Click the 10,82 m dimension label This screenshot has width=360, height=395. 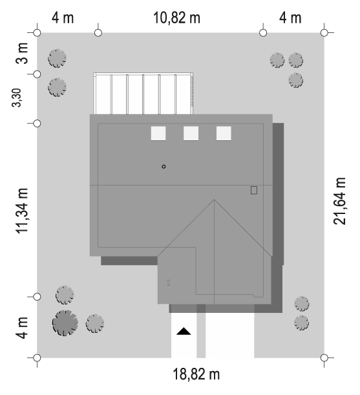176,18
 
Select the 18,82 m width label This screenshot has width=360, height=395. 196,374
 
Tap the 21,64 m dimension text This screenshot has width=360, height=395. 339,201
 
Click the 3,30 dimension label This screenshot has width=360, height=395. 17,98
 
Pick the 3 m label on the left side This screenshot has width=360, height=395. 22,53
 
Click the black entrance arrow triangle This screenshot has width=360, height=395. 184,331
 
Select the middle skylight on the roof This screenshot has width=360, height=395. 191,133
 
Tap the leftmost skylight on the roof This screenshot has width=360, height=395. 158,133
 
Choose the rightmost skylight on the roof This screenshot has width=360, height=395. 224,133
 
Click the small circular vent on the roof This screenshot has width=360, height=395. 164,167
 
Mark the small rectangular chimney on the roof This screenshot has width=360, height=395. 254,190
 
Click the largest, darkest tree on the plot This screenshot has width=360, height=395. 65,323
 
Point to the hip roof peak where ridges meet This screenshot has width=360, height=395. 215,200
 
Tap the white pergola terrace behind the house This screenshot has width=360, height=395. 143,94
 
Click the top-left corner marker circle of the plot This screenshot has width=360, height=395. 37,33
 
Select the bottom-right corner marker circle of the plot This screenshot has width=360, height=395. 324,358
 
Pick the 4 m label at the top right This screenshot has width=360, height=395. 290,18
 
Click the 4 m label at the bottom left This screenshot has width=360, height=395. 22,328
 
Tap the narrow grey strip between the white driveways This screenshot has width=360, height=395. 201,331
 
